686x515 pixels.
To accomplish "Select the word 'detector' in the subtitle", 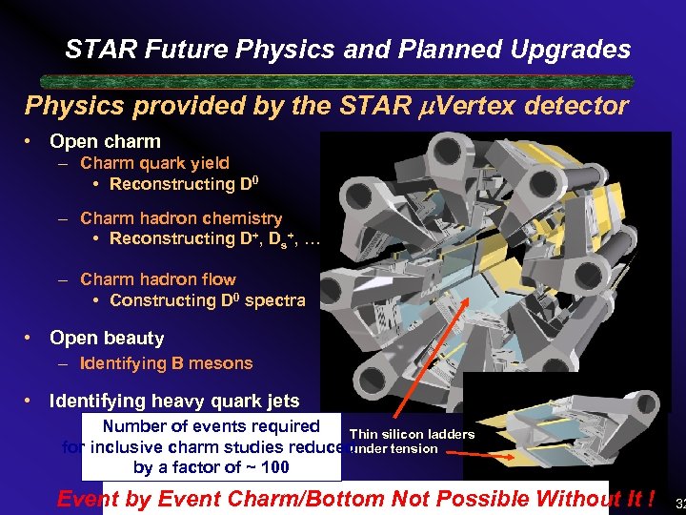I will (578, 106).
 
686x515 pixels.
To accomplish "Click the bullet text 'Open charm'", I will (105, 142).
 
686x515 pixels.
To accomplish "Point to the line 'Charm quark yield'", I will (154, 163).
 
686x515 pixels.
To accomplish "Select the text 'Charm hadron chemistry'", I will (181, 219).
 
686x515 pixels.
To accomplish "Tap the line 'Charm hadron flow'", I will (158, 279).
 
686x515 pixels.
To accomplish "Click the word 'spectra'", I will (273, 300).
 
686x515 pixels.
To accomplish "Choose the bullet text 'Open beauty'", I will (107, 339).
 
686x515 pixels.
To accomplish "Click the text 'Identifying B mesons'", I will (166, 363).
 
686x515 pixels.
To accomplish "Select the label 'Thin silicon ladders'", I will (412, 435).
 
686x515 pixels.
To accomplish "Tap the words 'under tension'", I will (393, 449).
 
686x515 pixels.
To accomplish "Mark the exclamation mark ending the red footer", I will (651, 499).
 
